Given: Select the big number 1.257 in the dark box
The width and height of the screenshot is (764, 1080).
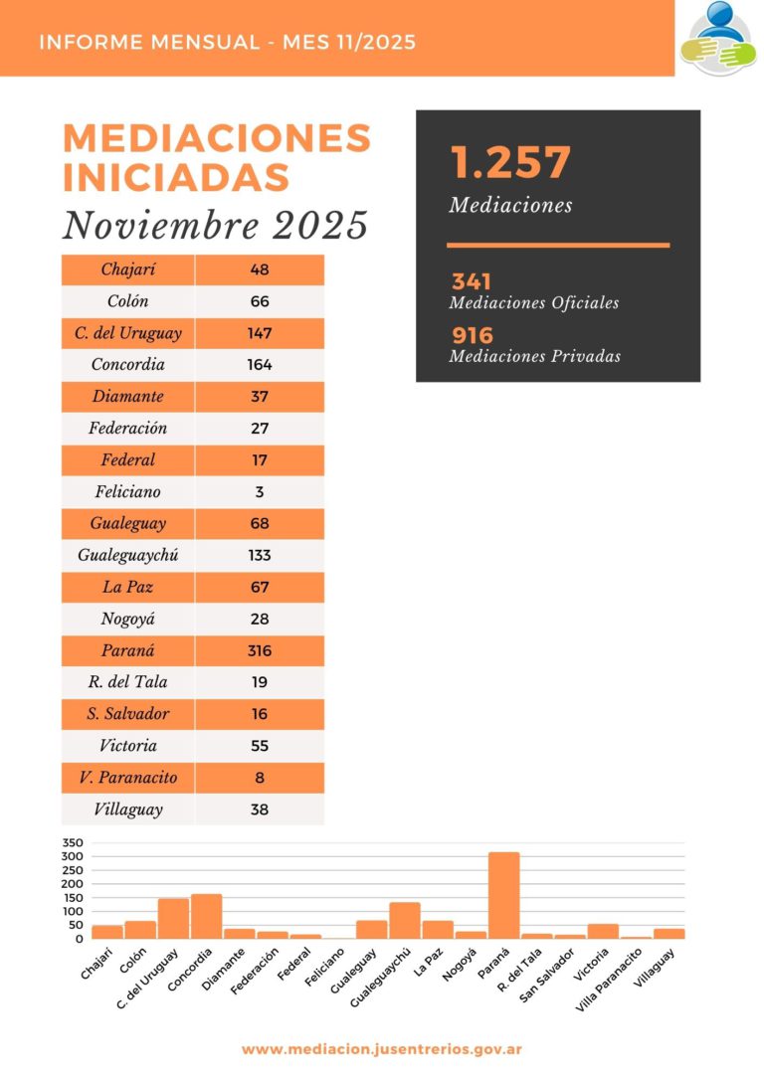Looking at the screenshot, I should pos(510,163).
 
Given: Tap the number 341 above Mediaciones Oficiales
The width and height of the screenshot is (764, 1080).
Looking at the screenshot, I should pos(472,281).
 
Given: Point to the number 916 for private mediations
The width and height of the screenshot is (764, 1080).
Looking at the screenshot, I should pos(473,335).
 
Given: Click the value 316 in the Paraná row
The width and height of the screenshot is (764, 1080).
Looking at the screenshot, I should pos(260,650).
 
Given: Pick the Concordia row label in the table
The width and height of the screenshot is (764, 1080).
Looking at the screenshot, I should pos(128,364).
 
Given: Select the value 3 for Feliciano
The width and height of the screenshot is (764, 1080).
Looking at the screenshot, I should pos(260,491).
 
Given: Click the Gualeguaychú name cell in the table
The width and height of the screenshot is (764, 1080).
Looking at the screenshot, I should pos(128,555).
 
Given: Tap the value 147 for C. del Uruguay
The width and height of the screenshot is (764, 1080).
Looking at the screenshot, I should pos(260,332).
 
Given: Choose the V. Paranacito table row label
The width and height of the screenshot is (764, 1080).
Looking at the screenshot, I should pos(128,778).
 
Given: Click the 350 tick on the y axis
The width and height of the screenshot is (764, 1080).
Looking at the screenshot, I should pos(73,843).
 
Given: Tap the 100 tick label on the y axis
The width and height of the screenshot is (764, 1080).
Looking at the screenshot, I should pos(73,911).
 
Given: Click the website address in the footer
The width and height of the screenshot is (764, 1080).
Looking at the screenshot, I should pos(382,1049).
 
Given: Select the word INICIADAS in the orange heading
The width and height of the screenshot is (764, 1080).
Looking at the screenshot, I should pos(176,177).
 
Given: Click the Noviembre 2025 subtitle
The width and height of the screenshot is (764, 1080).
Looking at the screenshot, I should pos(215,226).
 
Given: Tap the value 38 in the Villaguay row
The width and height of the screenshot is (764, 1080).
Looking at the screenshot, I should pos(260,810).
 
